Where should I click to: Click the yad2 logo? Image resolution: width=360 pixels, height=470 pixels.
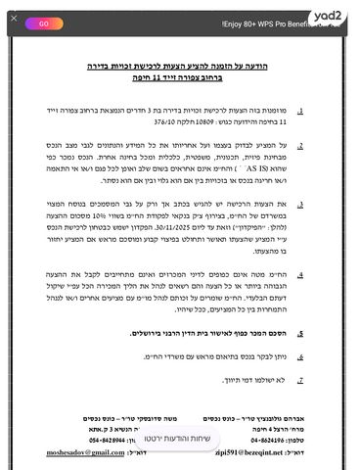[x=333, y=17]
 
